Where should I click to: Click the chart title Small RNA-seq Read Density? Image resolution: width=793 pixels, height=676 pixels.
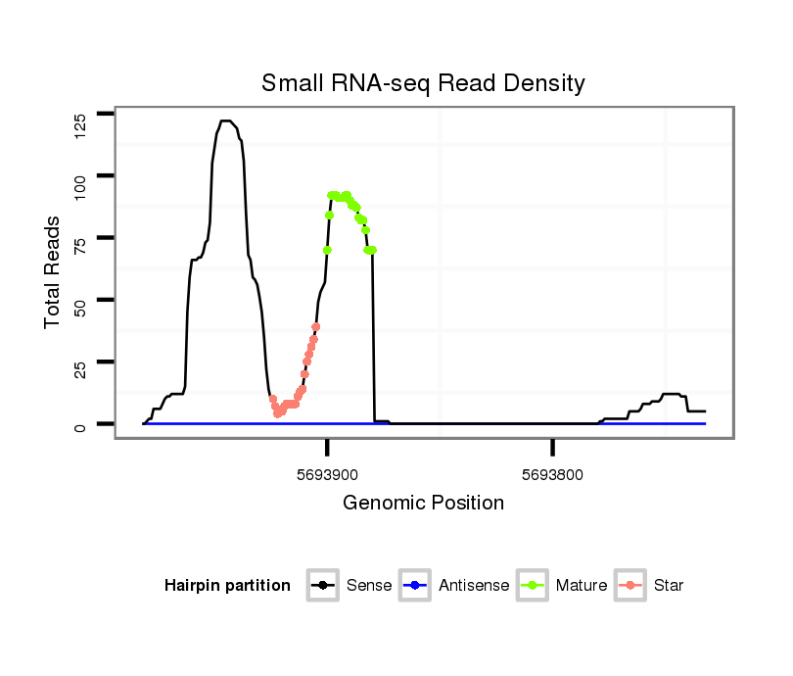[x=423, y=83]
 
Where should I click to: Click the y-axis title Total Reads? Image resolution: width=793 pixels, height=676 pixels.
[x=53, y=271]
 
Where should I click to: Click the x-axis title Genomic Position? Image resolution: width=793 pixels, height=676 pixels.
[x=423, y=504]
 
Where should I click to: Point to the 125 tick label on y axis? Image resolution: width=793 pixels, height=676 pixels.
[x=79, y=124]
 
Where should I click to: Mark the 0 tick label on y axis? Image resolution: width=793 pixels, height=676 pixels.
[x=79, y=425]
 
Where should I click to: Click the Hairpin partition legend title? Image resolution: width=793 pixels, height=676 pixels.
[x=227, y=586]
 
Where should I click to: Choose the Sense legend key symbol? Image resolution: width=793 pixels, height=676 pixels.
[x=322, y=586]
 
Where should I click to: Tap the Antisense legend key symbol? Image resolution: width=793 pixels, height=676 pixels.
[x=415, y=586]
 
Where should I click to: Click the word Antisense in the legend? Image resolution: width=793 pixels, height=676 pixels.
[x=474, y=586]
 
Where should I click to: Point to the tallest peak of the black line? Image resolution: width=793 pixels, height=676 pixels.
[x=225, y=121]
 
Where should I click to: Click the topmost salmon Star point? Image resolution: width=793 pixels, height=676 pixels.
[x=316, y=326]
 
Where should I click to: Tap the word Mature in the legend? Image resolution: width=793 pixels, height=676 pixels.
[x=582, y=586]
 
